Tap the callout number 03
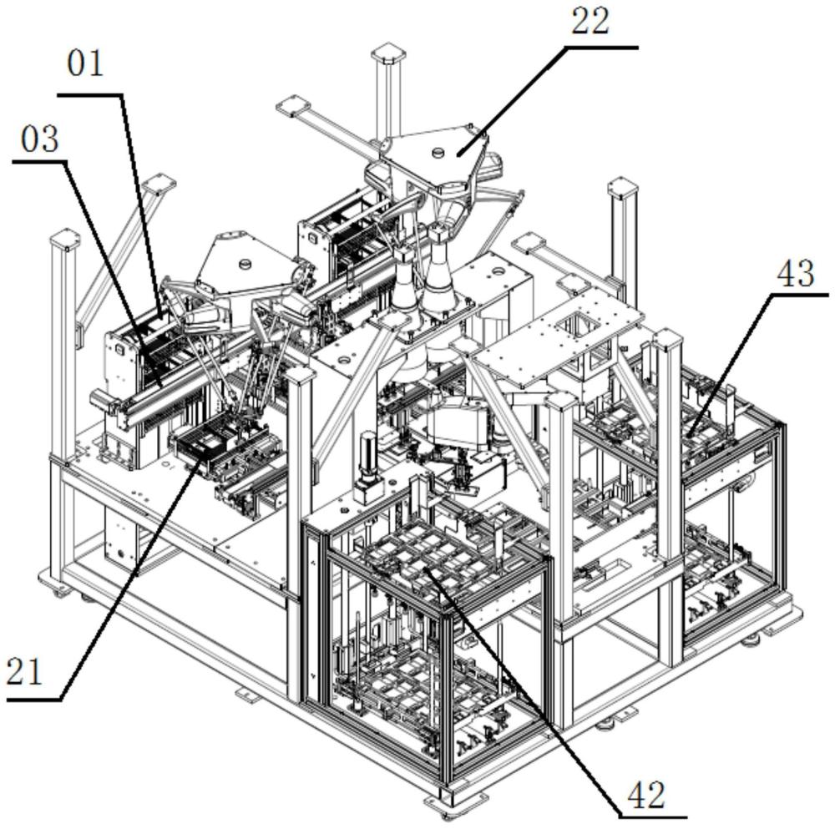tap(39, 139)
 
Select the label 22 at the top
tap(590, 21)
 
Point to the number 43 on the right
tap(796, 272)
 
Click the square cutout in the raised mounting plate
tap(584, 318)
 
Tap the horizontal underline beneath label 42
tap(651, 816)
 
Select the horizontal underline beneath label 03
tap(42, 162)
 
